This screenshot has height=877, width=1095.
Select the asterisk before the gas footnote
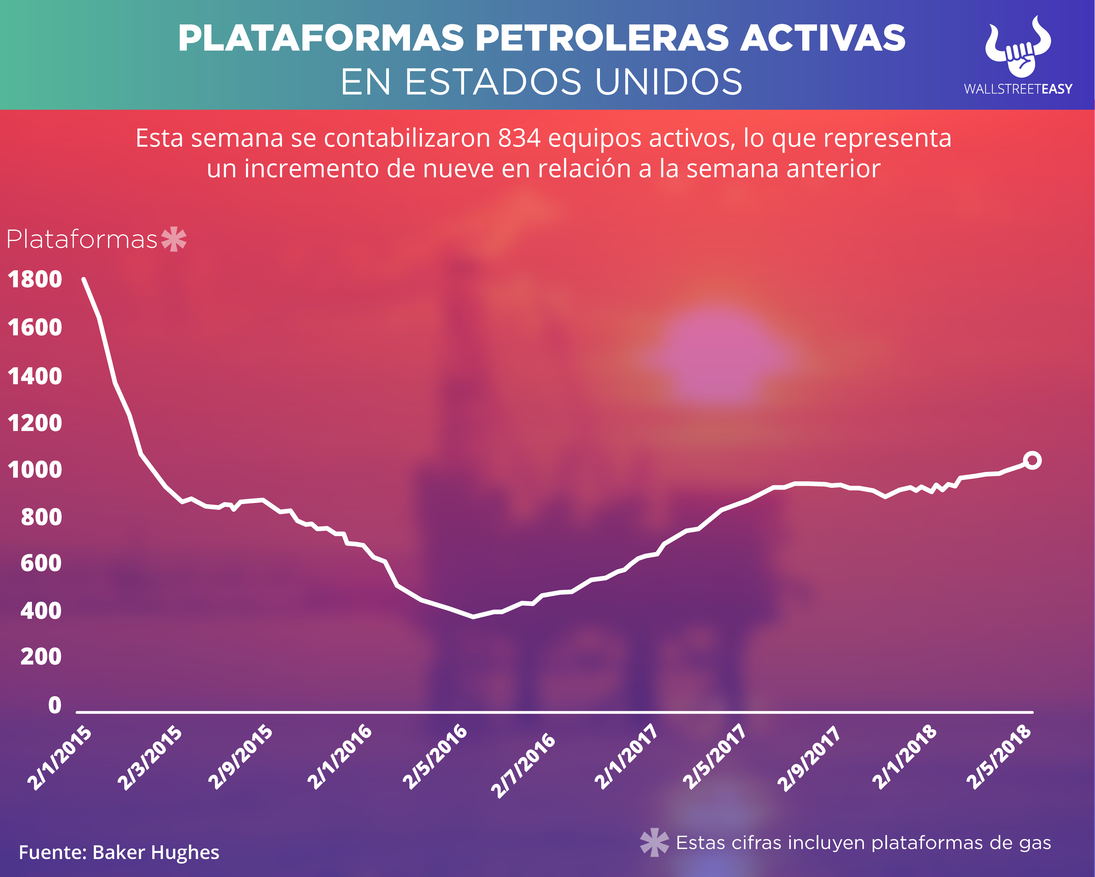tap(654, 842)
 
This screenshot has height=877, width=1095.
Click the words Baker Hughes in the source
tap(156, 852)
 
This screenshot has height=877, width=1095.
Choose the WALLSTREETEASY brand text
tap(1018, 89)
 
